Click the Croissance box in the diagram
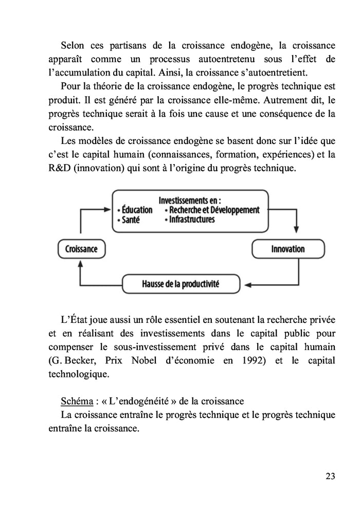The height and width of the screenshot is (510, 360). point(81,249)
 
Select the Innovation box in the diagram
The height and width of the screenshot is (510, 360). point(287,249)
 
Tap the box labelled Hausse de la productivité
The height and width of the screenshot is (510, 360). point(181,283)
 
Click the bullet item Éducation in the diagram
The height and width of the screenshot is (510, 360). point(135,210)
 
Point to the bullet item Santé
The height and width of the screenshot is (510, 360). point(129,220)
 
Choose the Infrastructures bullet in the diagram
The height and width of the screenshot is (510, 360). point(189,220)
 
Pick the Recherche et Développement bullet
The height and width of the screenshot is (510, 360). point(212,210)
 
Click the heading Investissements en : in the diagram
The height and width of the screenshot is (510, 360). point(190,200)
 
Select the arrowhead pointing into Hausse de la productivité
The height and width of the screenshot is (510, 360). point(246,283)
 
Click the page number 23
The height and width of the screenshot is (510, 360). point(330,476)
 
